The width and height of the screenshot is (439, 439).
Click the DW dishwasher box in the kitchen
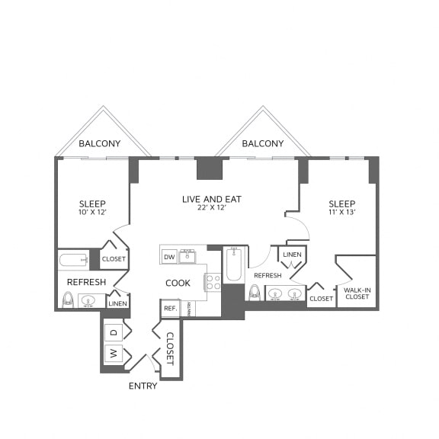point(168,257)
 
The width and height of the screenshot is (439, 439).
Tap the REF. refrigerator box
point(169,309)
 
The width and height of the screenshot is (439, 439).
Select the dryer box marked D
point(114,332)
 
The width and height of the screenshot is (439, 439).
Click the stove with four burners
point(213,282)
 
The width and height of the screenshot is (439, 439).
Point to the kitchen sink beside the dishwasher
point(187,256)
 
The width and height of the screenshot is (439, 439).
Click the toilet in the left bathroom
point(68,300)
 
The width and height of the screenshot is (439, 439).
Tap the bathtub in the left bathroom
point(74,260)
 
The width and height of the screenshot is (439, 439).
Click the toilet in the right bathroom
point(255,292)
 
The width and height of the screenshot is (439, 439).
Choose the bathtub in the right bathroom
point(233,266)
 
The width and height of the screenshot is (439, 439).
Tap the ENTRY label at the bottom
point(143,386)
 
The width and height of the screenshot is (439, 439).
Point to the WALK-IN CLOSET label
point(357,293)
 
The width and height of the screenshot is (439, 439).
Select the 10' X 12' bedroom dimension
point(92,213)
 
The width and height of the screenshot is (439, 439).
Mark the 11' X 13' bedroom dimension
point(341,213)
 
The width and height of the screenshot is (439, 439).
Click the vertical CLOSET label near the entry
point(170,348)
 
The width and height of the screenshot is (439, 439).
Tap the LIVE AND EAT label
point(211,199)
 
